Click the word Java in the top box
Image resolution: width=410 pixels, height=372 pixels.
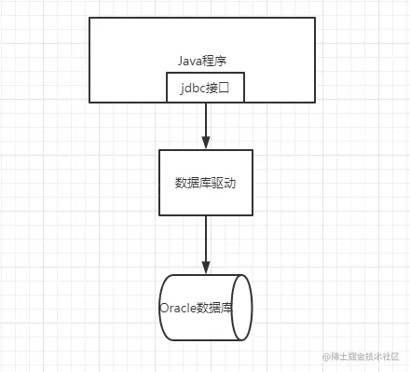[x=190, y=61]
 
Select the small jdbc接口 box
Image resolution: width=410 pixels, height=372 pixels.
[x=205, y=89]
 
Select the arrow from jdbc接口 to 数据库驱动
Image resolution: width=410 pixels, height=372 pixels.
[x=205, y=121]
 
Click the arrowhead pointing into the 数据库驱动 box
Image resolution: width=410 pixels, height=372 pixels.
[x=205, y=143]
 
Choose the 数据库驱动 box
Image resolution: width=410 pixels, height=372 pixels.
[x=205, y=183]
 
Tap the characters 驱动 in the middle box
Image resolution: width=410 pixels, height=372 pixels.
[x=223, y=183]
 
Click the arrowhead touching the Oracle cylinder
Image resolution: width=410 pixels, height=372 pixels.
[x=205, y=268]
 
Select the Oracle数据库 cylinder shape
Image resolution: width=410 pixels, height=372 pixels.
[x=205, y=309]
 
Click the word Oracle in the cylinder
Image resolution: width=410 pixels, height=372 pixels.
[x=176, y=309]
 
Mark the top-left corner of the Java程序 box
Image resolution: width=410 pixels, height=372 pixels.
[x=89, y=18]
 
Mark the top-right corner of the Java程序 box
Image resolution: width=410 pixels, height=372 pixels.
[x=321, y=18]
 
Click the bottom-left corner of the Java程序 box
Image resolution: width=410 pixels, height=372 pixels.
[x=89, y=102]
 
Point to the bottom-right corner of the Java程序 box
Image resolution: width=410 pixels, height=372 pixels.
[x=321, y=102]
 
